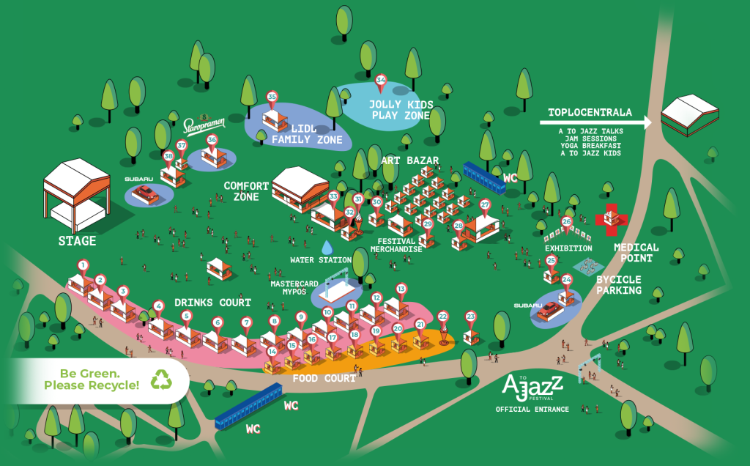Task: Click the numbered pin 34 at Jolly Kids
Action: point(380,81)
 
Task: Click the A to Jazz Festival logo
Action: point(532,385)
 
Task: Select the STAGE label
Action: point(78,240)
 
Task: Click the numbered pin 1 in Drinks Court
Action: point(83,266)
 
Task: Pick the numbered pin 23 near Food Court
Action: point(470,317)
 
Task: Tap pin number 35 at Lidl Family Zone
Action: point(272,97)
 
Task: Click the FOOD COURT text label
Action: point(324,378)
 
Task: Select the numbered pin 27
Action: point(484,206)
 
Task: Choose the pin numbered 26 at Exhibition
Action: point(566,222)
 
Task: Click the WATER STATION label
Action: point(321,260)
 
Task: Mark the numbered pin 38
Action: point(168,156)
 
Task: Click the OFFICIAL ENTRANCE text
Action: point(532,409)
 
